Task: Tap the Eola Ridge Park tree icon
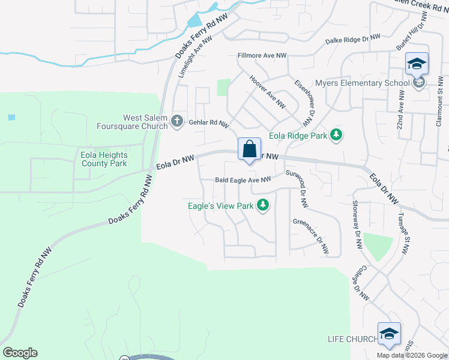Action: tap(337, 136)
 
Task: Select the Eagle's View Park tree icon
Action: tap(262, 206)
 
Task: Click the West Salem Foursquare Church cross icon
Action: tap(176, 121)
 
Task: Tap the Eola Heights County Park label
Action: tap(104, 159)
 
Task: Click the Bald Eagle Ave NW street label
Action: tap(243, 179)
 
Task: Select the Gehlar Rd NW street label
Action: tap(209, 123)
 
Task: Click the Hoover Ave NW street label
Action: tap(267, 92)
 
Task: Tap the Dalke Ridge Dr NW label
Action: tap(353, 40)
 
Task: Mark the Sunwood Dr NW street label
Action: tap(297, 189)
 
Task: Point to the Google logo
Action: tap(20, 353)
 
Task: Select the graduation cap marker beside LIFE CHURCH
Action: tap(389, 335)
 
